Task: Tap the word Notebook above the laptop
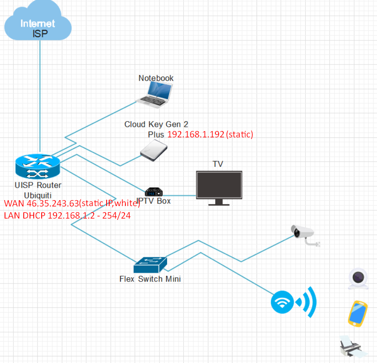click(x=156, y=78)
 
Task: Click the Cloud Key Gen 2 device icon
click(x=154, y=151)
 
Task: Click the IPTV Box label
click(x=154, y=201)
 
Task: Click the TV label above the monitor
click(x=217, y=164)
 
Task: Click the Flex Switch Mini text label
click(x=150, y=279)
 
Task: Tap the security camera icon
click(x=305, y=234)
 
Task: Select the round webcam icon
click(x=358, y=278)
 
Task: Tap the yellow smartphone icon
click(x=357, y=313)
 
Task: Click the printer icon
click(x=353, y=346)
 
